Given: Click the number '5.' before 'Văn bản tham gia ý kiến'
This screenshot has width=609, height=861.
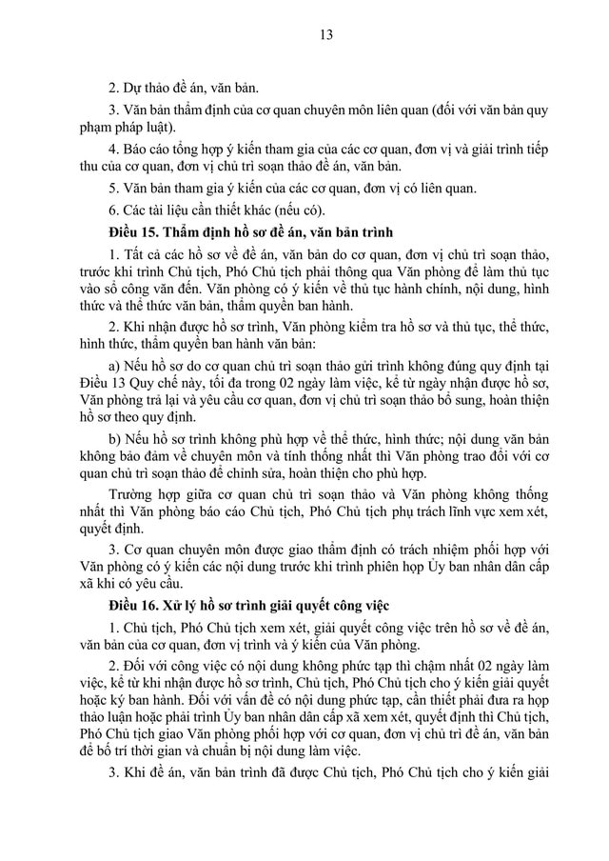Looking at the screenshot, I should [114, 187].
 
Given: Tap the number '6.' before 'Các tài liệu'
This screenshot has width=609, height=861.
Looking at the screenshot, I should [114, 210].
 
